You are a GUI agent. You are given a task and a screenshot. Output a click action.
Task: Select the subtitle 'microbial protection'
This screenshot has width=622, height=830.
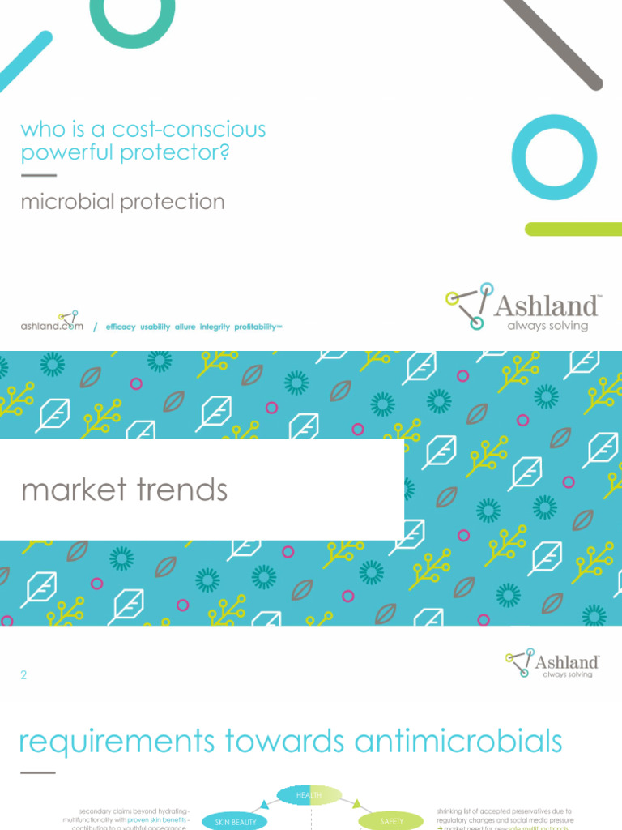pyautogui.click(x=122, y=202)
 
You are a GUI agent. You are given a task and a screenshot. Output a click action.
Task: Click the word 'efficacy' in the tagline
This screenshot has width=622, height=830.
pyautogui.click(x=121, y=327)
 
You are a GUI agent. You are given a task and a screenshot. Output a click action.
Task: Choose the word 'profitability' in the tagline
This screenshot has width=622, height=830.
pyautogui.click(x=255, y=327)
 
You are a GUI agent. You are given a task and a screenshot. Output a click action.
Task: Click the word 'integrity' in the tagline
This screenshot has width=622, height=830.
pyautogui.click(x=215, y=327)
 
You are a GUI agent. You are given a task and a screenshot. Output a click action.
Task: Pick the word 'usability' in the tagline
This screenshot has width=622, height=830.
pyautogui.click(x=155, y=327)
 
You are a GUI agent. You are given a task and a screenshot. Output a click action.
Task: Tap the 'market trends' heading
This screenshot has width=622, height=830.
pyautogui.click(x=124, y=490)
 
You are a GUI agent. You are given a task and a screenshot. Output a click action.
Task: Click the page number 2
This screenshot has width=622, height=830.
pyautogui.click(x=23, y=674)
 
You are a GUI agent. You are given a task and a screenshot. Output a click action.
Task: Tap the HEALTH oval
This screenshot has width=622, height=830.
pyautogui.click(x=309, y=795)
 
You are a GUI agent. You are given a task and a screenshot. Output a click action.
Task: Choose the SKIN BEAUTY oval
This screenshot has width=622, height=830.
pyautogui.click(x=234, y=821)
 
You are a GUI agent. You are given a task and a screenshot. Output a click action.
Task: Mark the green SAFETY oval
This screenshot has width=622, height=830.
pyautogui.click(x=391, y=821)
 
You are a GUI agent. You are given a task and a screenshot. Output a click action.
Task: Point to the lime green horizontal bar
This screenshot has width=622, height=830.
pyautogui.click(x=573, y=229)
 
